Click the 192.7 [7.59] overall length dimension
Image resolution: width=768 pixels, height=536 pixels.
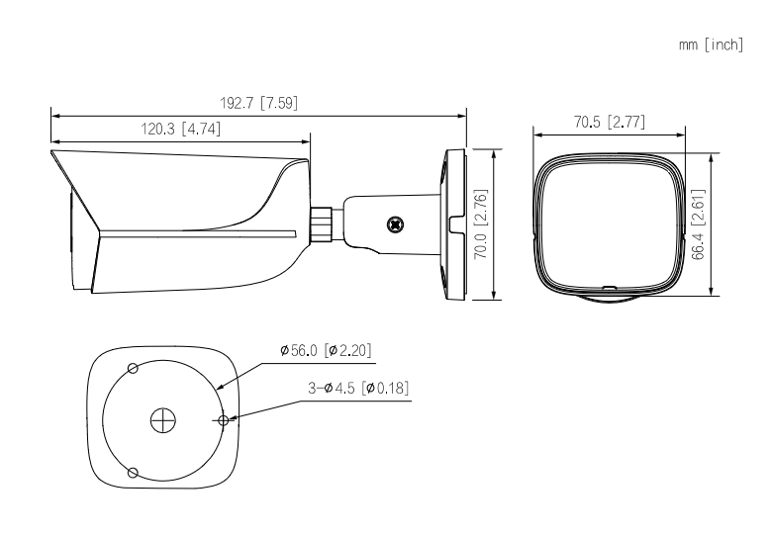click(x=258, y=103)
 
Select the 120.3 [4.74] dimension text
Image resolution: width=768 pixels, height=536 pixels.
click(x=181, y=129)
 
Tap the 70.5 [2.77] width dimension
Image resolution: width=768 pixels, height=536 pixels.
click(x=610, y=122)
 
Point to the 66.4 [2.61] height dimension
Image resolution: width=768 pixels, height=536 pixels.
click(x=699, y=224)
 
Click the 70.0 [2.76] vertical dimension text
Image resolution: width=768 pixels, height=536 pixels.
click(x=481, y=223)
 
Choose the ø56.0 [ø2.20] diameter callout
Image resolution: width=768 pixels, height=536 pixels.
click(x=327, y=350)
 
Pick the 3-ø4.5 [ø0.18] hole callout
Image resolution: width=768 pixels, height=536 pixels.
click(x=358, y=389)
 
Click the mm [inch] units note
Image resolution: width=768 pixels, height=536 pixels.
click(x=712, y=45)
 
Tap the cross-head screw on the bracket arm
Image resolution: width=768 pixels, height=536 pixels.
click(x=395, y=224)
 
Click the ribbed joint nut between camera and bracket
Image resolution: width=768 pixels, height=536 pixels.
click(x=322, y=224)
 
